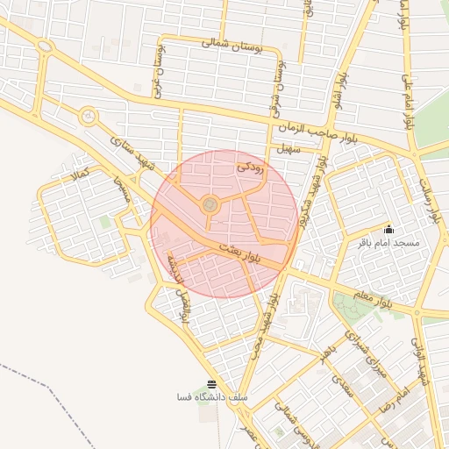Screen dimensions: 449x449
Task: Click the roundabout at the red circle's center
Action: pyautogui.click(x=210, y=205)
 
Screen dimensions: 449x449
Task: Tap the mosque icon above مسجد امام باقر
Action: pyautogui.click(x=389, y=230)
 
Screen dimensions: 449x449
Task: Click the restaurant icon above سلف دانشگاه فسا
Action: pyautogui.click(x=210, y=384)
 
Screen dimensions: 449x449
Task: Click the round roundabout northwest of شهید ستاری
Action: pyautogui.click(x=87, y=116)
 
